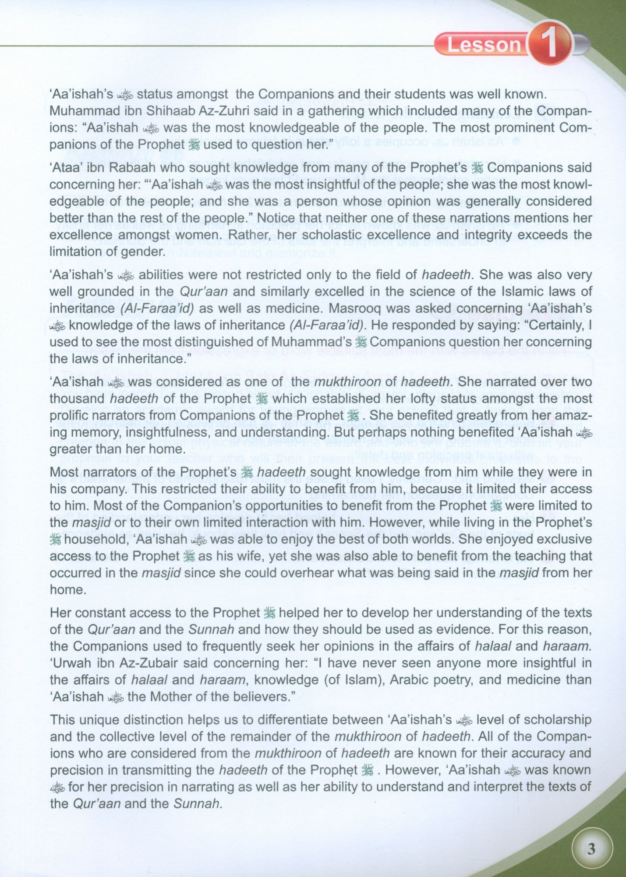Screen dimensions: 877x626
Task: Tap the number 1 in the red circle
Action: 549,45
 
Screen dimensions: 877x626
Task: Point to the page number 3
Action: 591,849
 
